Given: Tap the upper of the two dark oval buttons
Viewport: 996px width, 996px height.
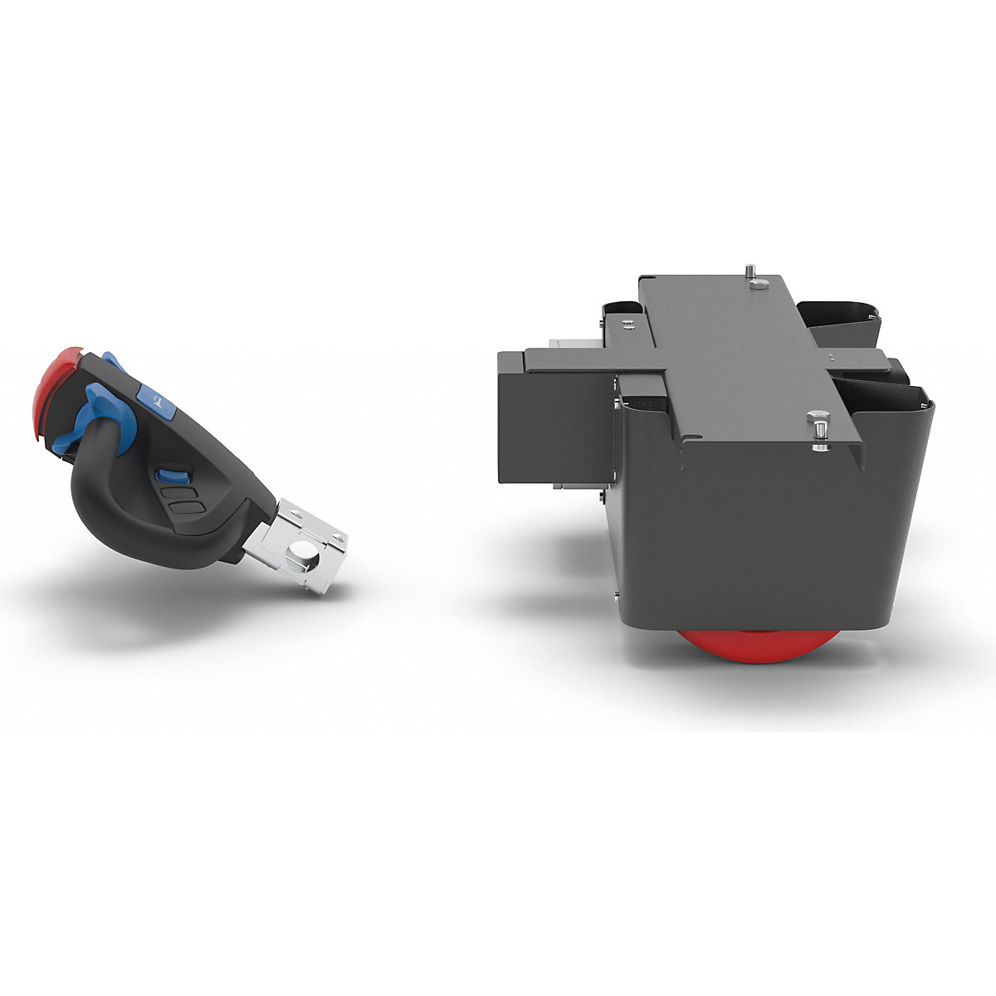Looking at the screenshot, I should click(x=178, y=491).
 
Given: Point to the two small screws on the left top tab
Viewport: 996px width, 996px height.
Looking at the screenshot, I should click(x=629, y=325).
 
